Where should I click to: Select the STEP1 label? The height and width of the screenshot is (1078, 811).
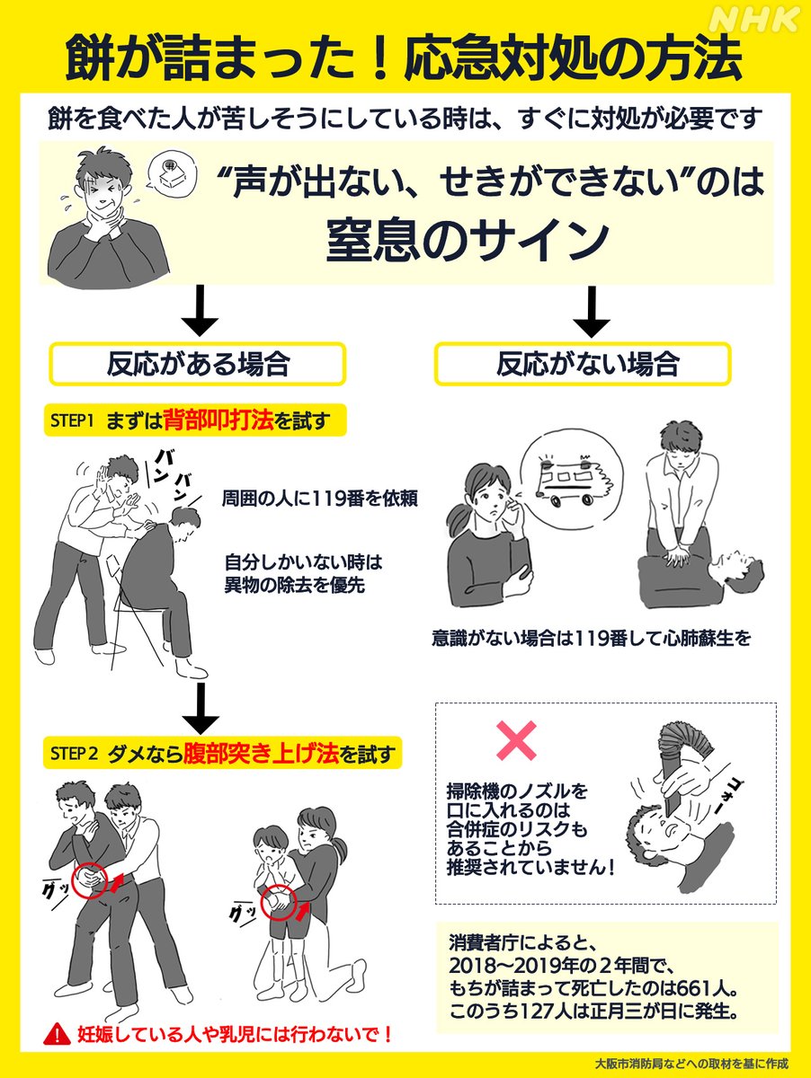coord(71,420)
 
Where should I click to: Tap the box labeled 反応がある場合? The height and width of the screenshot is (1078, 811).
coord(198,364)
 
